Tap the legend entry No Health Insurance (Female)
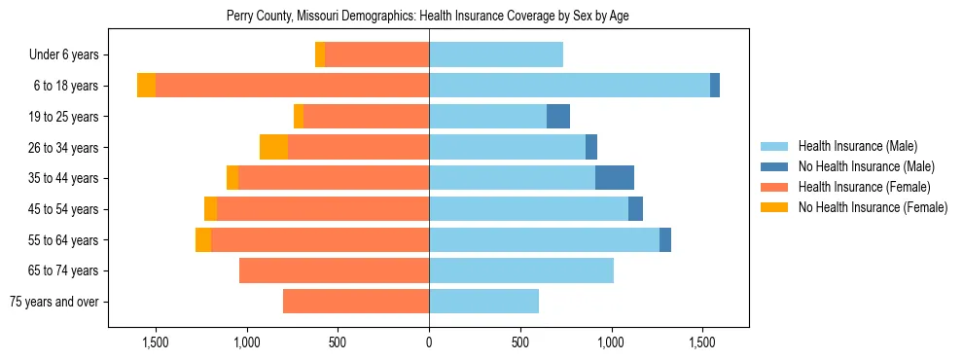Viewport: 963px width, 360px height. pos(873,207)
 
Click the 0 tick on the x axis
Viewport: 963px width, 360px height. pos(429,342)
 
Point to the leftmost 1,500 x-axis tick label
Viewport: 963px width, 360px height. pos(156,342)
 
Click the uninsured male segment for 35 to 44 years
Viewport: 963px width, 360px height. pos(615,178)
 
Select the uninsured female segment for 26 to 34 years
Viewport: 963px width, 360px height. pos(273,147)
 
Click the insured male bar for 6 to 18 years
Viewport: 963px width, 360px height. pos(569,86)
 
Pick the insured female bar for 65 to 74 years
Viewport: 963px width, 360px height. pos(334,270)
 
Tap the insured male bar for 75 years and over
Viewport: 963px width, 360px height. pos(483,302)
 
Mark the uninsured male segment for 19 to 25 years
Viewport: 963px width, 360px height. pos(558,117)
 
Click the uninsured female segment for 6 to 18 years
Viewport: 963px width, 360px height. pos(146,86)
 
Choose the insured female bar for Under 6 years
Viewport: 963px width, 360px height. pos(376,55)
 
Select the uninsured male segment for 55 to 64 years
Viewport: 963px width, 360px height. pos(665,239)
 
